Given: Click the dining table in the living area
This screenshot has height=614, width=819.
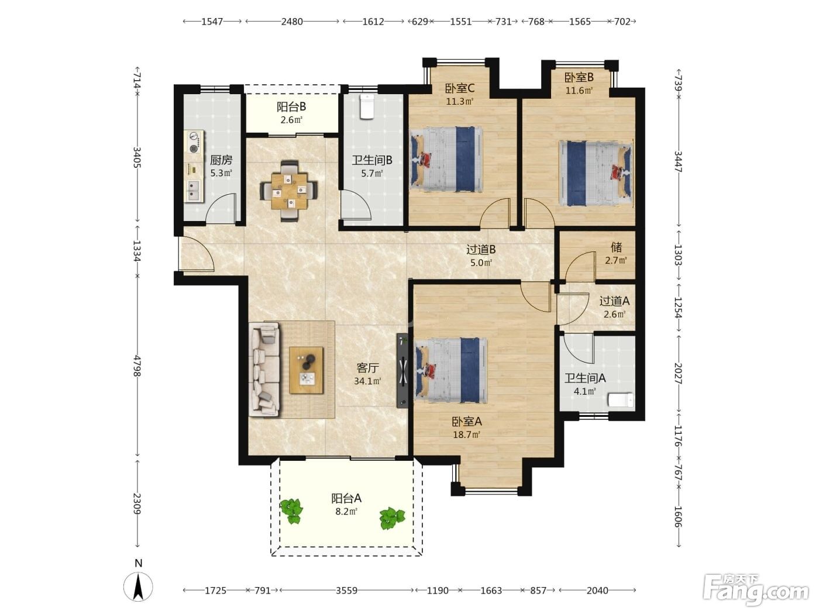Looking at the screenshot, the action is click(289, 191).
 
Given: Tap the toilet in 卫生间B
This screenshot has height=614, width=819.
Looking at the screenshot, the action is click(367, 106).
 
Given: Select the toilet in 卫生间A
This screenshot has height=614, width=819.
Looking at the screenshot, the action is click(621, 400).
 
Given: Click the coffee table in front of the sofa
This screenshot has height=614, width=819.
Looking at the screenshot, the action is click(306, 370).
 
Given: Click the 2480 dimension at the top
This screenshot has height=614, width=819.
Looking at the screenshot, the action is click(292, 22).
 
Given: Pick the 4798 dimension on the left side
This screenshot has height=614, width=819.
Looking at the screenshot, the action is click(137, 365).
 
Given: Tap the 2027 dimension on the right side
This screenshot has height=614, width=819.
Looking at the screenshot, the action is click(678, 374).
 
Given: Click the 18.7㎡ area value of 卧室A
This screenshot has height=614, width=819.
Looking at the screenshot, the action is click(466, 434).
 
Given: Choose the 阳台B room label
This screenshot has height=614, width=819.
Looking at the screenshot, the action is click(291, 107).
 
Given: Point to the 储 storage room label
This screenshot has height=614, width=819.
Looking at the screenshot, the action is click(617, 247).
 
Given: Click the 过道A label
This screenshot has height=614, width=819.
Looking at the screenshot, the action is click(614, 301).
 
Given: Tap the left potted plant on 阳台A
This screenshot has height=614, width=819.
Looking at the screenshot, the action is click(291, 511).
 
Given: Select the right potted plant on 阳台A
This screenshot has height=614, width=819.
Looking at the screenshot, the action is click(391, 518).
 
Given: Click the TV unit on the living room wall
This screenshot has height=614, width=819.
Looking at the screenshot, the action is click(402, 371).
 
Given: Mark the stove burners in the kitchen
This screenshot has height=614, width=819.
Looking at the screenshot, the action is click(194, 143).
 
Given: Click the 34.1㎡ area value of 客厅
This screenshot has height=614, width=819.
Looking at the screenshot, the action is click(367, 381).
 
